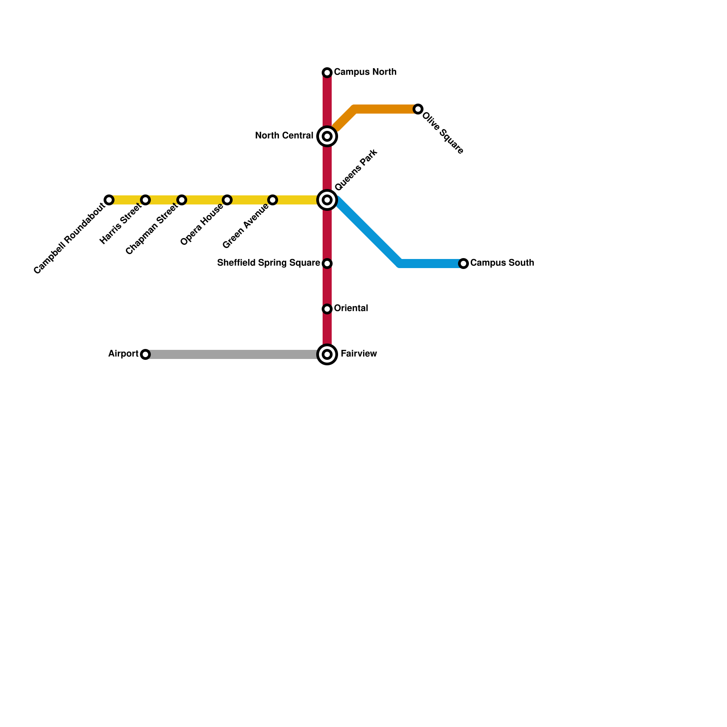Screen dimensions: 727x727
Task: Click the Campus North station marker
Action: coord(327,73)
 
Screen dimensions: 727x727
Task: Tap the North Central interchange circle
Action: coord(327,136)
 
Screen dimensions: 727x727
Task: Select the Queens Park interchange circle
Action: coord(327,200)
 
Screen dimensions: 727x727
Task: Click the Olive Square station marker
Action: coord(418,109)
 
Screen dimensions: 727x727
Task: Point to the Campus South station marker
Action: coord(463,264)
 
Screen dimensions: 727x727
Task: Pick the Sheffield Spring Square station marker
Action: coord(327,264)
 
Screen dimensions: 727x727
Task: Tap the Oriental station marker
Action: coord(327,309)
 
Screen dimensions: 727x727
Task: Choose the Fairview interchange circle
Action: coord(327,354)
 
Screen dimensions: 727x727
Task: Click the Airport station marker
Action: coord(145,354)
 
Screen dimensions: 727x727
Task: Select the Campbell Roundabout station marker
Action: coord(109,200)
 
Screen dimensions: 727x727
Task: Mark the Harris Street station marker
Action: coord(145,200)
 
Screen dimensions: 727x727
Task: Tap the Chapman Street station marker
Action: coord(182,200)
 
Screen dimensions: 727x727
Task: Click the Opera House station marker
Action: coord(227,200)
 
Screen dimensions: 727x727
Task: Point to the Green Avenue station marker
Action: coord(273,200)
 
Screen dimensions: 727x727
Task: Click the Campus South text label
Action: coord(502,263)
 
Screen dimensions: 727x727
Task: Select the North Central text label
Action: coord(284,136)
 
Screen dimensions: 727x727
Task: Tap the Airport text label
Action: coord(123,354)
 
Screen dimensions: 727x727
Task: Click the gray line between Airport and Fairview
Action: coord(232,354)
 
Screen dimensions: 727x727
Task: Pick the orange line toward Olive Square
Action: coord(386,109)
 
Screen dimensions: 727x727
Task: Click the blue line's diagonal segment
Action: coord(368,232)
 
